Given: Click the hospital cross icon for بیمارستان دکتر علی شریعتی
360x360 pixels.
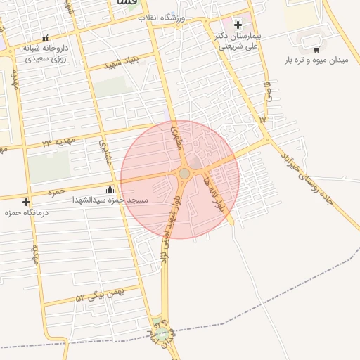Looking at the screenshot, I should click(x=238, y=25).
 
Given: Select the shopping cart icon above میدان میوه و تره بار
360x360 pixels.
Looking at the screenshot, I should click(x=316, y=49).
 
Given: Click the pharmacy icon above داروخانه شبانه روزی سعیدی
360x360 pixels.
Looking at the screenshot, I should click(x=46, y=38).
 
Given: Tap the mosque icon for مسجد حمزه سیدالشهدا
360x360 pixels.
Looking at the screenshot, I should click(x=110, y=189).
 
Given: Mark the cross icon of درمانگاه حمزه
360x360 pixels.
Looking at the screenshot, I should click(x=26, y=202).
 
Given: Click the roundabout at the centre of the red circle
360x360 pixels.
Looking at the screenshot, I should click(x=184, y=173).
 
